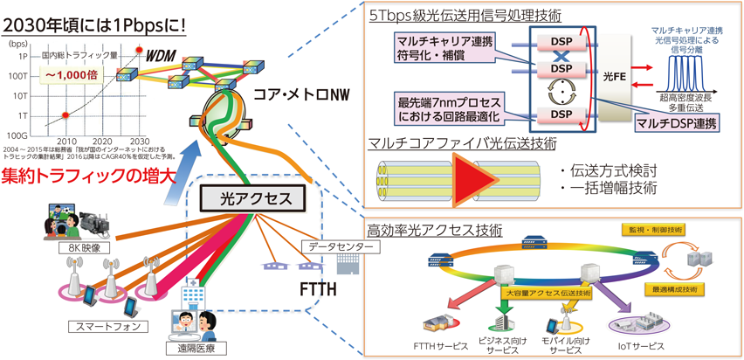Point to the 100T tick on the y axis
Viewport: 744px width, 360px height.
[16, 76]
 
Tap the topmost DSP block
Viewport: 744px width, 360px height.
[558, 41]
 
